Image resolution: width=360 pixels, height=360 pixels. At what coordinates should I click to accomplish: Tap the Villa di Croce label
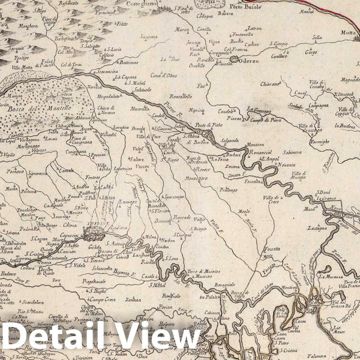271,199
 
